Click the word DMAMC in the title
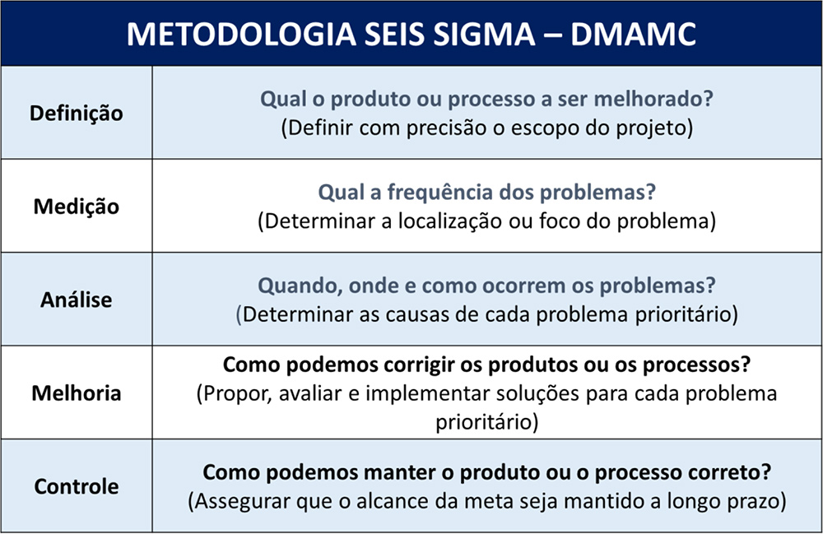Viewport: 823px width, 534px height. tap(633, 34)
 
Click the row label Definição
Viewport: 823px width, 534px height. tap(76, 114)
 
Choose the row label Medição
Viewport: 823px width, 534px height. tap(76, 207)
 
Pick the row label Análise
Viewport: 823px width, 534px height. tap(76, 300)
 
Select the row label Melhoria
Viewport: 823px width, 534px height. tap(76, 393)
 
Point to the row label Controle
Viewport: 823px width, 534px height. tap(76, 486)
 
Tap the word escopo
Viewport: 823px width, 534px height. tap(546, 128)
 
